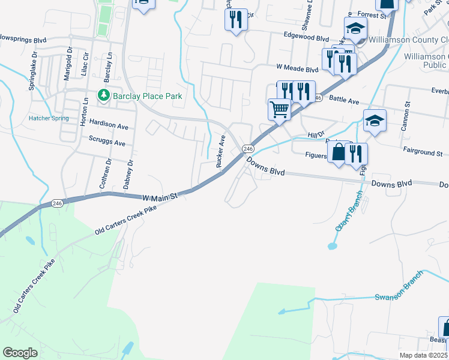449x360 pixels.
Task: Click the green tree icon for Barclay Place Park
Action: tap(104, 96)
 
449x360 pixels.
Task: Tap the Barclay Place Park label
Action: tap(145, 96)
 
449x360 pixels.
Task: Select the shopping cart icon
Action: tap(279, 110)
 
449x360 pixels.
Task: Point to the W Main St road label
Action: tap(160, 196)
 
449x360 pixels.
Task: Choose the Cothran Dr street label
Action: tap(109, 174)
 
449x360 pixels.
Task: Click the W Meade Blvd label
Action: tap(297, 70)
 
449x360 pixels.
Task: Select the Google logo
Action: tap(20, 353)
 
